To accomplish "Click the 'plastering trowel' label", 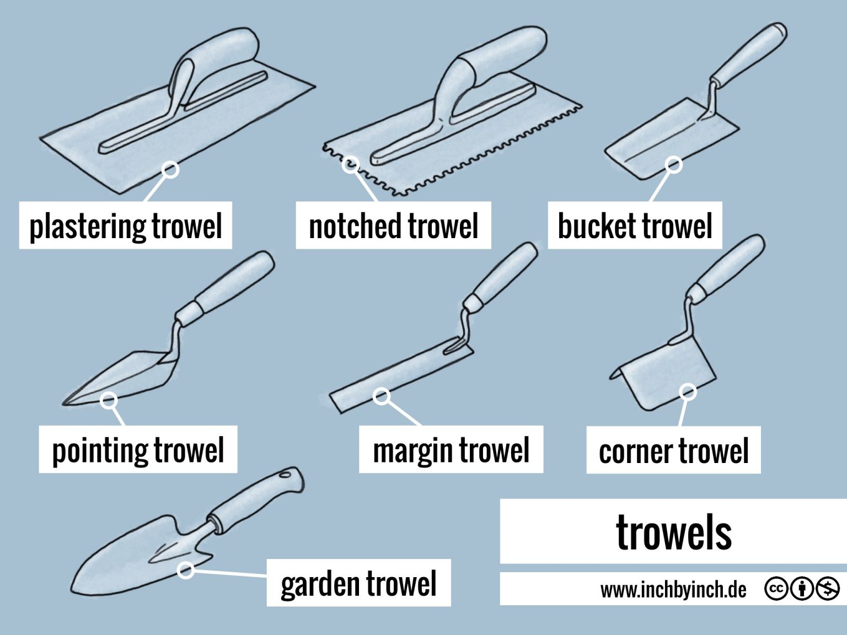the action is pyautogui.click(x=125, y=226).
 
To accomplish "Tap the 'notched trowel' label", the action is pyautogui.click(x=393, y=226).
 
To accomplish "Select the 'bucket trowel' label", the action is pyautogui.click(x=635, y=226).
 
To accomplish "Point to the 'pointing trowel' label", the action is pyautogui.click(x=138, y=450).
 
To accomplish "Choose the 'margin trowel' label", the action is pyautogui.click(x=451, y=450).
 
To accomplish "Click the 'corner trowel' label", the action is pyautogui.click(x=673, y=450).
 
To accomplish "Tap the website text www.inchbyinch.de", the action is pyautogui.click(x=673, y=590).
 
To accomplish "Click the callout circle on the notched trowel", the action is pyautogui.click(x=351, y=164).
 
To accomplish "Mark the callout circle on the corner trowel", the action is pyautogui.click(x=687, y=392).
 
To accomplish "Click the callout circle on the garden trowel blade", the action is pyautogui.click(x=186, y=570).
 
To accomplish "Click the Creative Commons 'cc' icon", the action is pyautogui.click(x=775, y=589).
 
